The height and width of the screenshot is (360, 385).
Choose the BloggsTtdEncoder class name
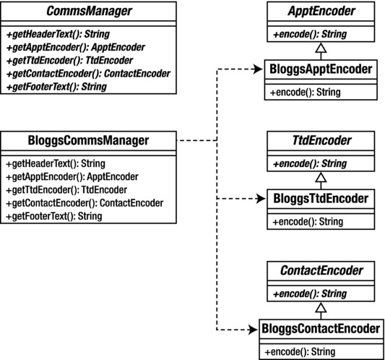click(x=321, y=198)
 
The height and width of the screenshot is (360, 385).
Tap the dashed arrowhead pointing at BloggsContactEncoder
click(x=253, y=330)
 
